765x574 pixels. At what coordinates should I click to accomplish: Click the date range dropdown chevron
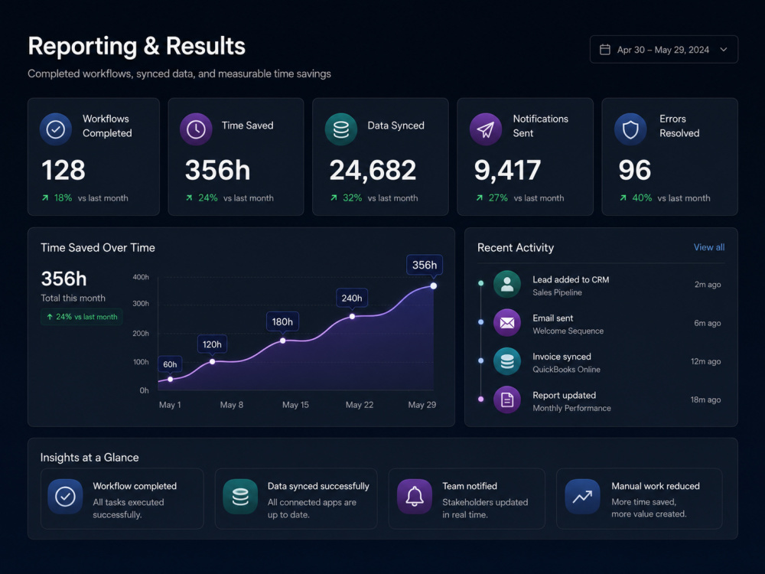click(x=724, y=49)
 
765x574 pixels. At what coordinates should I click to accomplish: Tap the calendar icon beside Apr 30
click(x=604, y=49)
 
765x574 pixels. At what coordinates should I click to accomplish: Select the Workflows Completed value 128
click(x=63, y=170)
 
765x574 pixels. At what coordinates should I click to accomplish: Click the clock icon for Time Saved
click(x=196, y=129)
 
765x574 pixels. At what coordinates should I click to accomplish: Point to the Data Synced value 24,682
click(x=373, y=171)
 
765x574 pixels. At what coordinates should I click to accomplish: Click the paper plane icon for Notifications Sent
click(x=486, y=129)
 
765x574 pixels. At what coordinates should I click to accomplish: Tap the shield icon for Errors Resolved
click(x=630, y=129)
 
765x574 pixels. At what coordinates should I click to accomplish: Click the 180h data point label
click(x=282, y=321)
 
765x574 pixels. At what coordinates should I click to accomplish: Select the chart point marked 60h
click(x=171, y=380)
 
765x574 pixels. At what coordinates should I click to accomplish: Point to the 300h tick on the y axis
click(x=141, y=304)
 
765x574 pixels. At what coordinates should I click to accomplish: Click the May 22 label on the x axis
click(x=360, y=405)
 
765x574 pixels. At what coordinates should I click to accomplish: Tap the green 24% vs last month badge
click(x=82, y=317)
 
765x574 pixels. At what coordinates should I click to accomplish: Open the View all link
click(x=709, y=247)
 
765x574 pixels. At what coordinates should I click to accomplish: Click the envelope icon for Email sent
click(x=507, y=323)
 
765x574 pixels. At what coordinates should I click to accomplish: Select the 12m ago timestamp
click(x=705, y=361)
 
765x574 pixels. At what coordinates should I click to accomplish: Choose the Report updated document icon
click(x=507, y=400)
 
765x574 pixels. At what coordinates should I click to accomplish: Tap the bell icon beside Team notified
click(x=414, y=497)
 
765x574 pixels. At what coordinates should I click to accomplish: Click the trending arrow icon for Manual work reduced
click(x=582, y=497)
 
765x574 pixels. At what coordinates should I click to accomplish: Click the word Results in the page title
click(x=205, y=46)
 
